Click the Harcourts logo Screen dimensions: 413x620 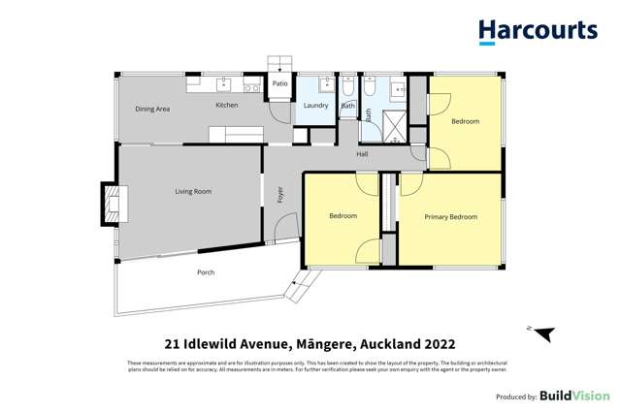pos(538,31)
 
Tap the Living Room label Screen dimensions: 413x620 pos(193,192)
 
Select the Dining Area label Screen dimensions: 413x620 pos(152,110)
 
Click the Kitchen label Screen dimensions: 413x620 pos(226,105)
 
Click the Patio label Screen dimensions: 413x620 pos(279,84)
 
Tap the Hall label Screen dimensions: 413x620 pos(362,154)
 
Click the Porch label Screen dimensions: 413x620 pos(206,272)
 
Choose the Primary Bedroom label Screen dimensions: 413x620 pos(450,217)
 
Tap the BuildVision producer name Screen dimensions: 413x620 pos(574,396)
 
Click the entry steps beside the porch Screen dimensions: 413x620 pos(303,285)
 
